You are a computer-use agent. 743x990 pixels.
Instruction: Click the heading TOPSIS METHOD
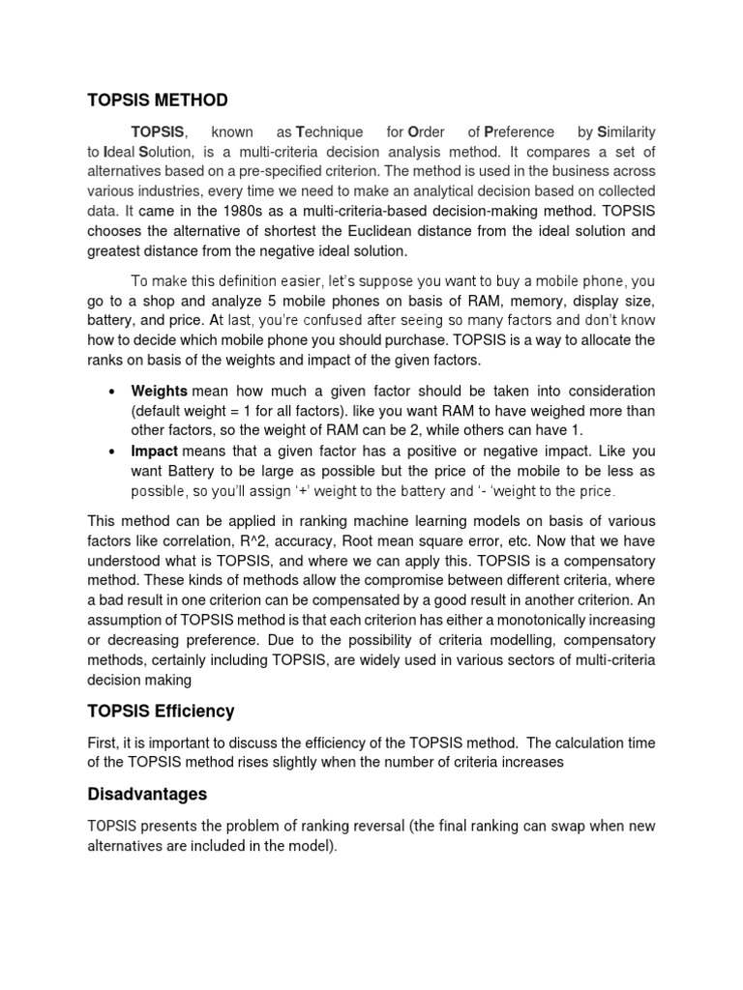tap(158, 100)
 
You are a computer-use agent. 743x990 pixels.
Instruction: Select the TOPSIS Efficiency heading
tap(161, 711)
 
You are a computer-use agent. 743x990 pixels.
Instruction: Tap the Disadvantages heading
tap(147, 794)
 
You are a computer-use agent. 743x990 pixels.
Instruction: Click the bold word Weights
tap(161, 391)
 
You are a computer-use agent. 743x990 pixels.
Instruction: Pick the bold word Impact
tap(155, 451)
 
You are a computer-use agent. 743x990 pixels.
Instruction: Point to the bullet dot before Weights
tap(112, 392)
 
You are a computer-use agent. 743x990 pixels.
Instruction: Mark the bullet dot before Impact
tap(112, 451)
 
